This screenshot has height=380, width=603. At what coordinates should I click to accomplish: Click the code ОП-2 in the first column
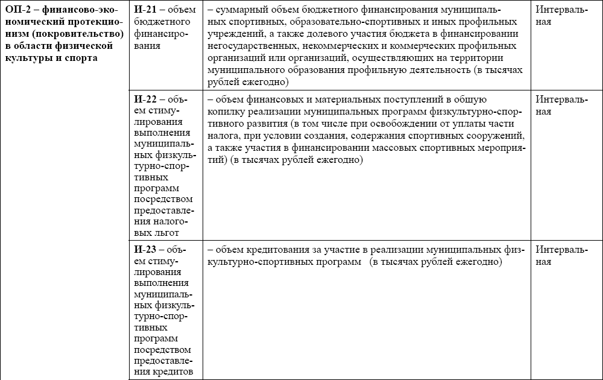(17, 10)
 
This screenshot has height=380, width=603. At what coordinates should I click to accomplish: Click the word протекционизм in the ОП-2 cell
(97, 22)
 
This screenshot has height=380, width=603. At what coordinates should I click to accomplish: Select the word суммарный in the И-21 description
(239, 10)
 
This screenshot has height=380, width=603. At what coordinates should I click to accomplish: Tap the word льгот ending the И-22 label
(168, 232)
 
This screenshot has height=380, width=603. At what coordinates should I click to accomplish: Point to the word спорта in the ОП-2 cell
(82, 58)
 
